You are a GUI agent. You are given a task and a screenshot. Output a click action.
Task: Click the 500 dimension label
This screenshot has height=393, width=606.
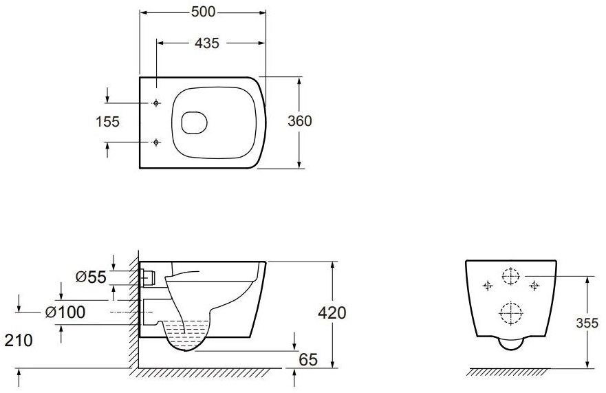point(203,12)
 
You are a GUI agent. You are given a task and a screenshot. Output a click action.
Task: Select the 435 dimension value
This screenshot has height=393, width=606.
point(207,43)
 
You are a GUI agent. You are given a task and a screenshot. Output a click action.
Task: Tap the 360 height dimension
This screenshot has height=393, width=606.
point(299,121)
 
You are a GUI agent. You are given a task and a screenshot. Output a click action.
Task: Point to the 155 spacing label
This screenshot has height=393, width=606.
point(108,122)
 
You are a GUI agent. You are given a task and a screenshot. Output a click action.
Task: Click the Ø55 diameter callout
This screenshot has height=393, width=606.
point(91,277)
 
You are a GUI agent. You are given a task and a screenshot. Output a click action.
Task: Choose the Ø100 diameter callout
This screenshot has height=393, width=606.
point(65,312)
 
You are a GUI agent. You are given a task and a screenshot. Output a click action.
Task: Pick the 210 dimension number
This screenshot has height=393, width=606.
point(19,341)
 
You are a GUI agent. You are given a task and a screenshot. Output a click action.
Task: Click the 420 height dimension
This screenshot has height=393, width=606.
point(332,312)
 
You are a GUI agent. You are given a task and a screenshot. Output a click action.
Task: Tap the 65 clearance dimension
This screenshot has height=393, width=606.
point(308,359)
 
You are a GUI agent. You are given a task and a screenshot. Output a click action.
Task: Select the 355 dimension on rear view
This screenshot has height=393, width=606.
point(587,323)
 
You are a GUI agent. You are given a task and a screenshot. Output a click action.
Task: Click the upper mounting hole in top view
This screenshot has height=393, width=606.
point(155,103)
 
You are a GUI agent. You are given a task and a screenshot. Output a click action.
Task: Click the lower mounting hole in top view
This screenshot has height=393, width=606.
point(155,142)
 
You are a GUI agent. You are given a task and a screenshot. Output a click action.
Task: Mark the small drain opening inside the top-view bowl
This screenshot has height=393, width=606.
point(194,123)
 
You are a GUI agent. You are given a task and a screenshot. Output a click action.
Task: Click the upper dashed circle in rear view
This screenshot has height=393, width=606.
point(511,276)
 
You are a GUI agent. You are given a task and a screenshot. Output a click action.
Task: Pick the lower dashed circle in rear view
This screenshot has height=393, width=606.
point(511,312)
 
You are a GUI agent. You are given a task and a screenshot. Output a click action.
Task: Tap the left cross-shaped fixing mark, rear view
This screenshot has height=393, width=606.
point(488,286)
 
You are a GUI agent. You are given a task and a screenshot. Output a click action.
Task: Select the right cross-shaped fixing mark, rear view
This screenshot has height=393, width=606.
point(534,286)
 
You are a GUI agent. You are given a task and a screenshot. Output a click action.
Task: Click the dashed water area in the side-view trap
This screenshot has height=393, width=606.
point(188,329)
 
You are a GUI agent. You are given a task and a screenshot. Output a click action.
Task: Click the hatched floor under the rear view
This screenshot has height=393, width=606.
point(508,372)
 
